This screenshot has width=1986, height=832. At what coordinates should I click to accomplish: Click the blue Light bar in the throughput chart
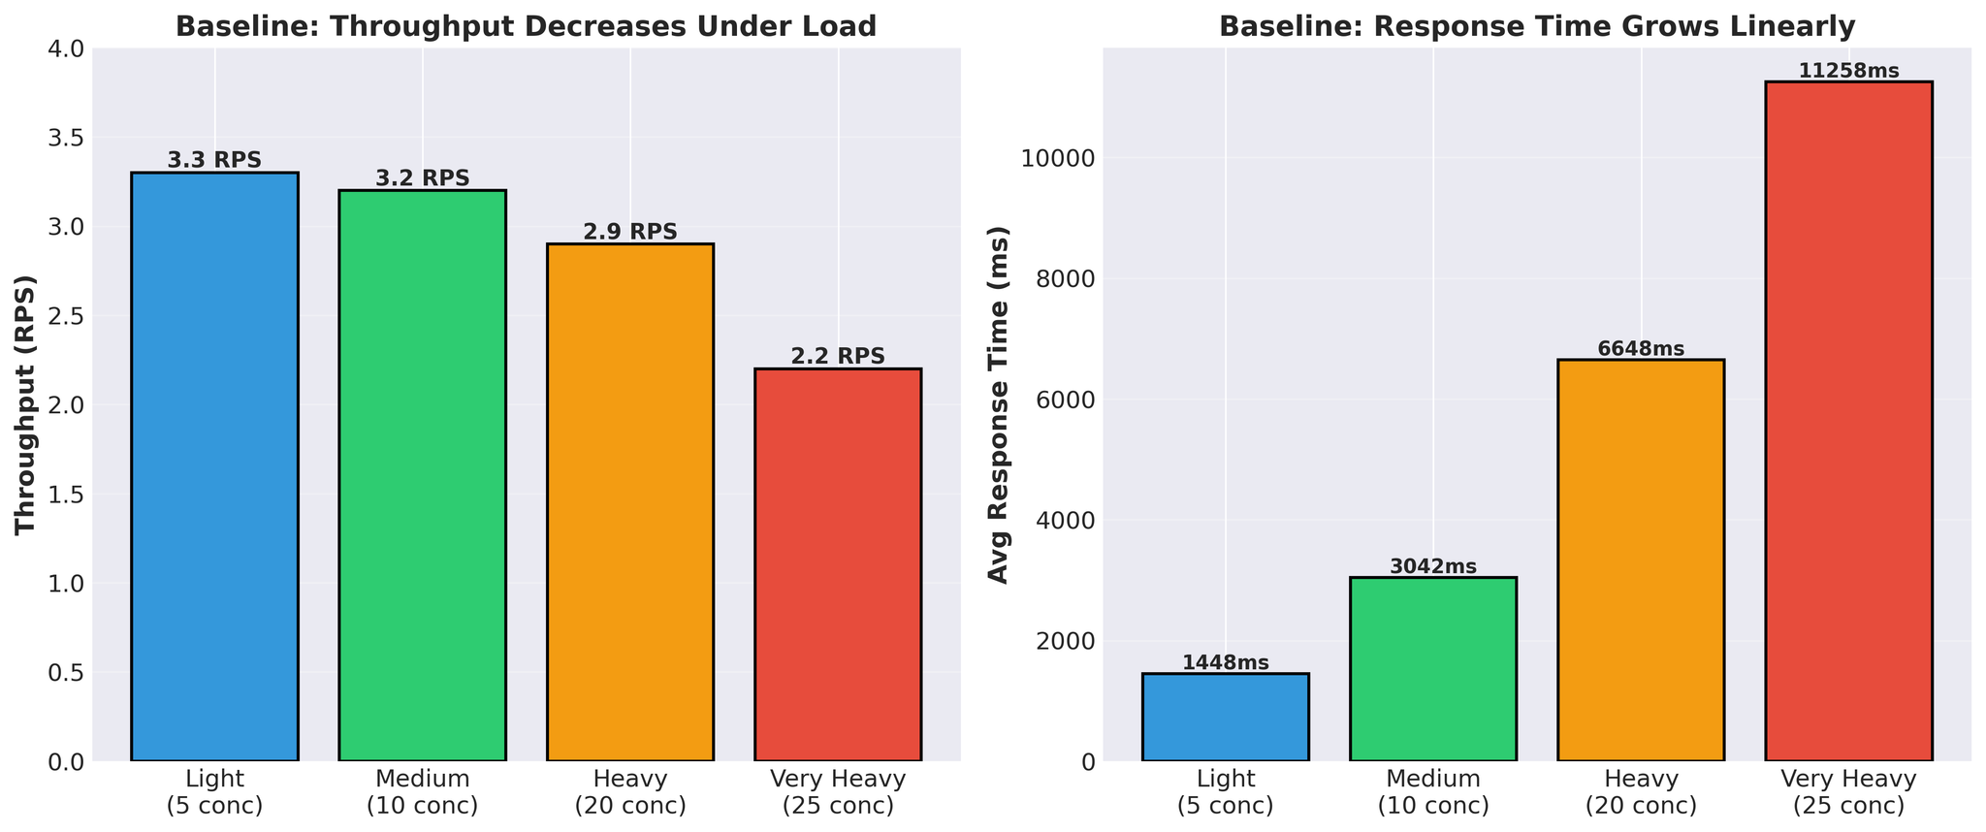[x=214, y=465]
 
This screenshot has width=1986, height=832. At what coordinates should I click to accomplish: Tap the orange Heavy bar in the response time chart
[x=1641, y=560]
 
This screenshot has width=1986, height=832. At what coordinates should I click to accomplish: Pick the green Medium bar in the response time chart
[x=1433, y=669]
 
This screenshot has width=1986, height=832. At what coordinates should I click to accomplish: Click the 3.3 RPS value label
[x=214, y=160]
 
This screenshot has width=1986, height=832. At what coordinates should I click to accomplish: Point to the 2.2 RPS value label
[x=838, y=356]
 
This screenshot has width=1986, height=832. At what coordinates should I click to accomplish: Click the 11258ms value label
[x=1848, y=71]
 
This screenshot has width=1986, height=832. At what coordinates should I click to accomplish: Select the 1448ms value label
[x=1225, y=662]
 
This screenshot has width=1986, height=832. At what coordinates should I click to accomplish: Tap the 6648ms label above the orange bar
[x=1641, y=348]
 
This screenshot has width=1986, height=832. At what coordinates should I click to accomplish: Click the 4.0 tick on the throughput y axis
[x=66, y=48]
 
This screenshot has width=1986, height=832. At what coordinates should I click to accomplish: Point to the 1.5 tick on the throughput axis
[x=66, y=495]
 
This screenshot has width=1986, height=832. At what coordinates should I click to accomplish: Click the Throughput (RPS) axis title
[x=26, y=404]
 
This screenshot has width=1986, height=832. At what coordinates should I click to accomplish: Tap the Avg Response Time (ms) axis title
[x=998, y=404]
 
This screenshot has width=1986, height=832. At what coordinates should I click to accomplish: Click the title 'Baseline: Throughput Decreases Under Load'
[x=526, y=26]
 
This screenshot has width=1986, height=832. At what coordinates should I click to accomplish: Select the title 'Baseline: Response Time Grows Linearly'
[x=1536, y=26]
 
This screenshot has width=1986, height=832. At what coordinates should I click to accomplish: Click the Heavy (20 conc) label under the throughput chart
[x=630, y=791]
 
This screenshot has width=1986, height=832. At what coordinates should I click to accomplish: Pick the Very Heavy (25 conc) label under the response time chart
[x=1848, y=791]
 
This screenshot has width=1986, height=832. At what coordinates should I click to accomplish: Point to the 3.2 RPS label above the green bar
[x=422, y=178]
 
